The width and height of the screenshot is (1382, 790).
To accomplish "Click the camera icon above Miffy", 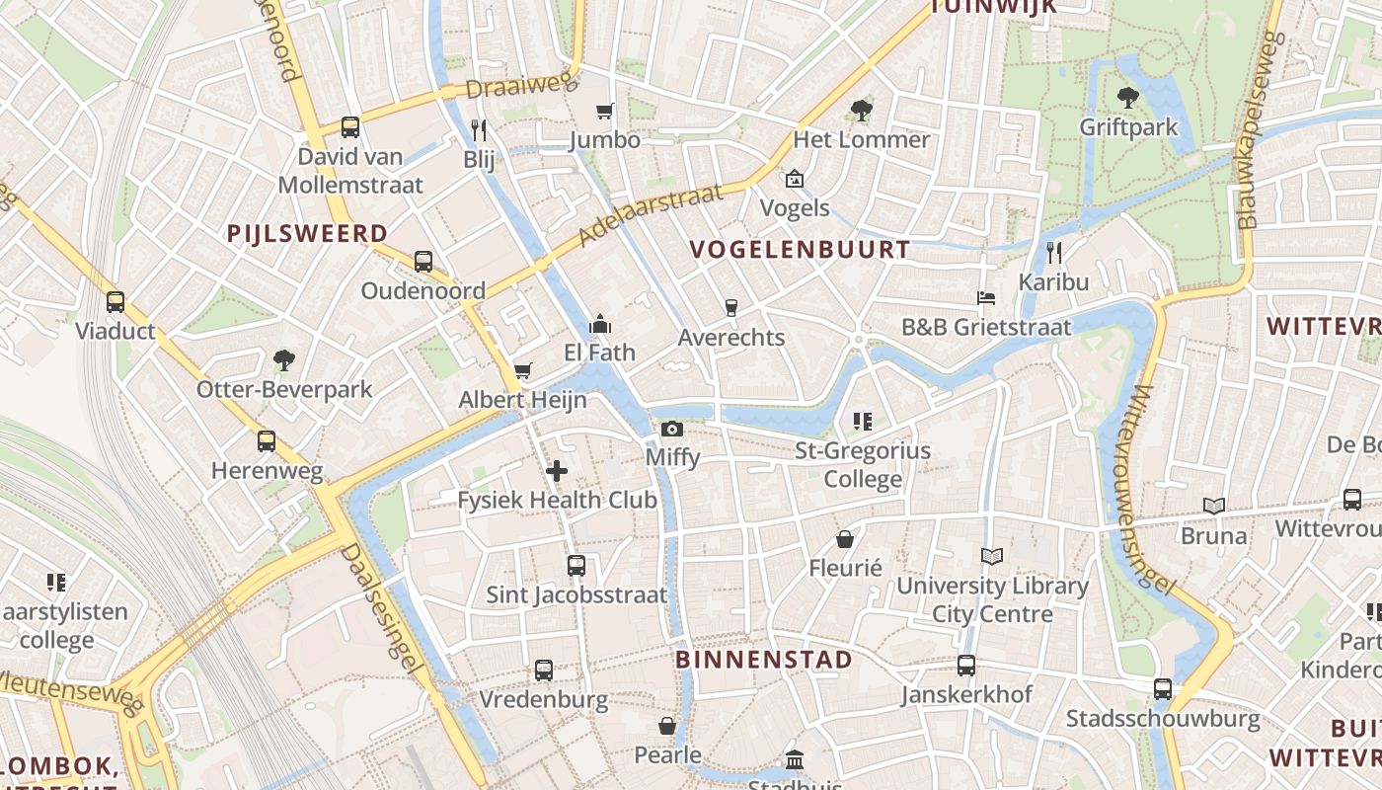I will coord(671,429).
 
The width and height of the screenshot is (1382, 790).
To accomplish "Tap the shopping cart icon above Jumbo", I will coord(604,112).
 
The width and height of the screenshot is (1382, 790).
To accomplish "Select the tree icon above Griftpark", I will coord(1127,98).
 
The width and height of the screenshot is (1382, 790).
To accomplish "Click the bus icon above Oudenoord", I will coord(423,262).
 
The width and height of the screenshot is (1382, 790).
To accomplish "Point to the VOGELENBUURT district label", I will coord(800,250).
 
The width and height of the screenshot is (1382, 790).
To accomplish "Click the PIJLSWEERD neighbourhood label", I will coord(307,233).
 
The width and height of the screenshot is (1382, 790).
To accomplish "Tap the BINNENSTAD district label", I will coord(764,660).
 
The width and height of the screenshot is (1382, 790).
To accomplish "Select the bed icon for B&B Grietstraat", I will coord(985,298).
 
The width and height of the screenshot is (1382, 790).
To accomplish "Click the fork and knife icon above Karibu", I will coord(1053,253).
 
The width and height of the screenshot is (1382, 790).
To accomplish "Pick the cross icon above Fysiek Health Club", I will coord(557,471).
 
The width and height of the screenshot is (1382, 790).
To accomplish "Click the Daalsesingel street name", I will coord(381,610).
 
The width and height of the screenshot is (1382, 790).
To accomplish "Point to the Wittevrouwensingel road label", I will coord(1151,489).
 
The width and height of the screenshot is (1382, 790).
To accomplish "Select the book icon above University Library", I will coord(992,557).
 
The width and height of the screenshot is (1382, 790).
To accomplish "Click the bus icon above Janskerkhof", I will coord(965,666).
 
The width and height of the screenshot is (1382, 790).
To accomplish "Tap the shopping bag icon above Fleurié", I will coord(845,539).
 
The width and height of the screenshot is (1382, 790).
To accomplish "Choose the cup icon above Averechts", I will coord(730,308).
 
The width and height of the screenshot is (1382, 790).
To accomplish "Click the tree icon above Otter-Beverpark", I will coord(284,359).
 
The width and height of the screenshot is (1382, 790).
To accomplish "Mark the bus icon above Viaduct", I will coord(115,302).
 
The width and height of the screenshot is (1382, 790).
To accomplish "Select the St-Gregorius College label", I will coord(863,465).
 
